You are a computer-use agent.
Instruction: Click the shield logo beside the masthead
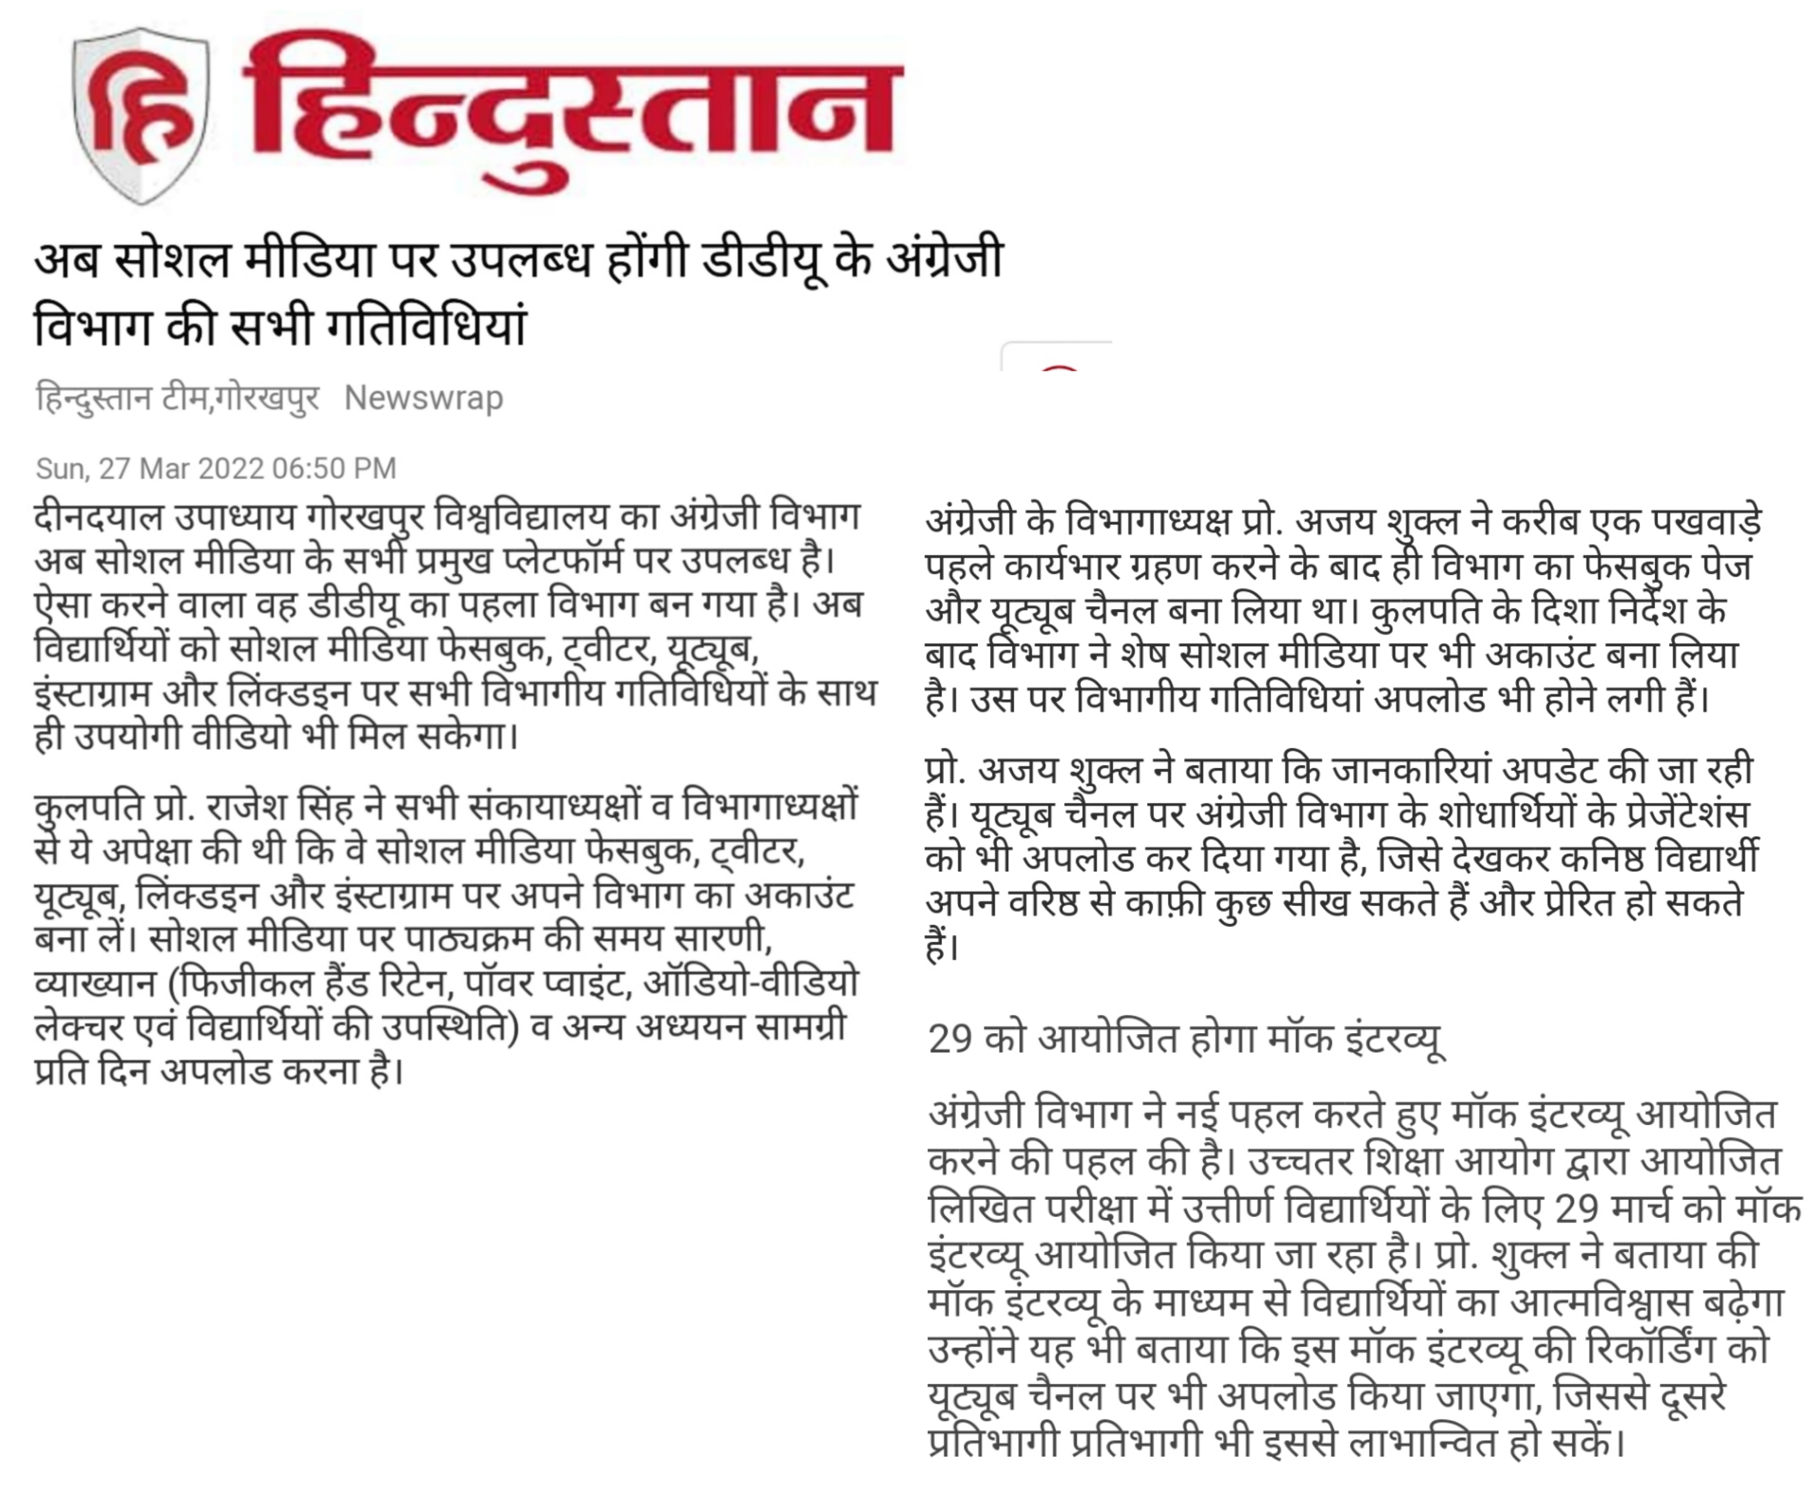click(x=141, y=115)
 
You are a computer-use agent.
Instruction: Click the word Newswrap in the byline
click(x=424, y=398)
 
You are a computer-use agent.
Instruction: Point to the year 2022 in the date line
click(x=231, y=468)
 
